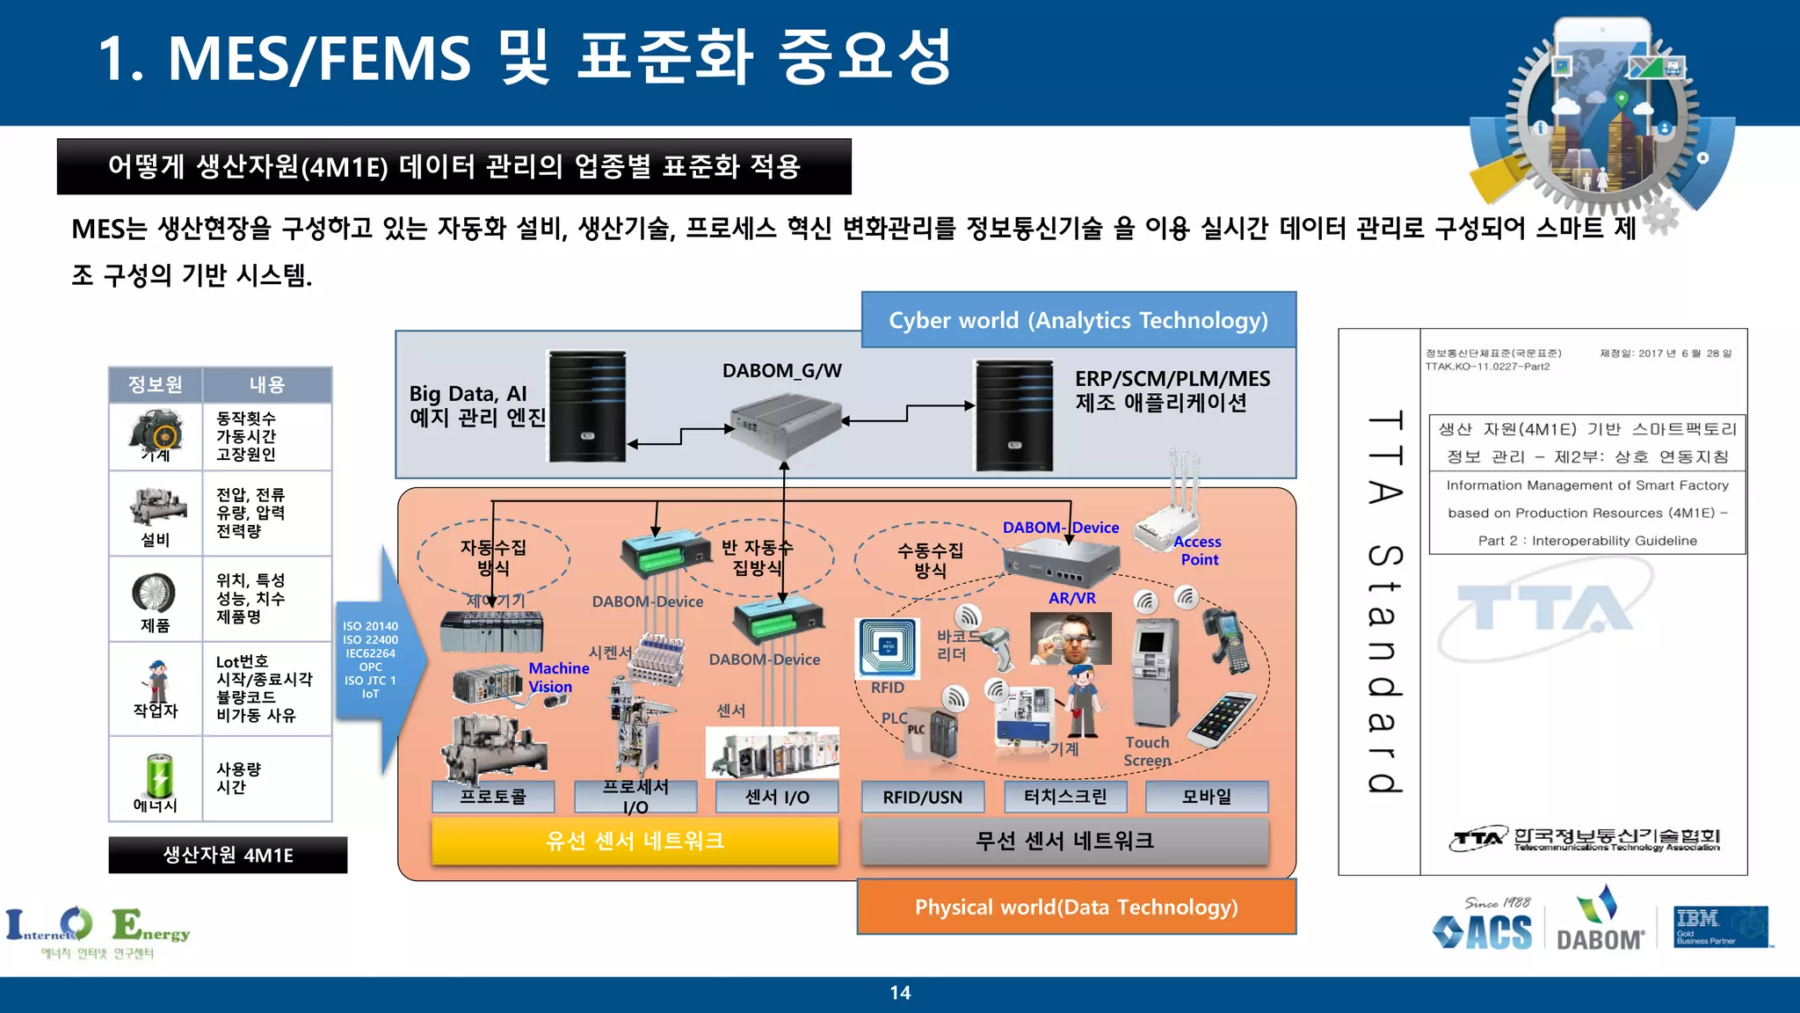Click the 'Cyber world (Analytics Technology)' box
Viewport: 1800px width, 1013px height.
(x=1078, y=320)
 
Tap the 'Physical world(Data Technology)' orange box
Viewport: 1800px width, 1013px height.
(x=1076, y=907)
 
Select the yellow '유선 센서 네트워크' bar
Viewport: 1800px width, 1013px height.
(x=635, y=841)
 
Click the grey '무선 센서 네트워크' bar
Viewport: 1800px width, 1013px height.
(x=1064, y=841)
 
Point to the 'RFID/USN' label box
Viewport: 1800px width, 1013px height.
(x=922, y=797)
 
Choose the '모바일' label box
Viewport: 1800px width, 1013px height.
(x=1207, y=797)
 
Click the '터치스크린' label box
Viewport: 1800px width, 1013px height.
(x=1064, y=797)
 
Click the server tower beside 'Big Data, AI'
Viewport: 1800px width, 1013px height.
(x=587, y=406)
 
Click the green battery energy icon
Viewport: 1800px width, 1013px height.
(x=159, y=775)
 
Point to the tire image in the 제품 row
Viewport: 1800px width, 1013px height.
(x=154, y=593)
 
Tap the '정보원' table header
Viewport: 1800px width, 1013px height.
(x=156, y=384)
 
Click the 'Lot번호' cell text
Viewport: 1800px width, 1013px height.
(x=242, y=661)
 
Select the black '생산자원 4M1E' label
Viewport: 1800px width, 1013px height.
(x=228, y=855)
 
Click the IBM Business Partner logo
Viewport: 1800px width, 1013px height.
(x=1720, y=927)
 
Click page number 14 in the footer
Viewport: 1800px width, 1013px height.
(x=900, y=993)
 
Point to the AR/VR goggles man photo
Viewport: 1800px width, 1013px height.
(x=1071, y=639)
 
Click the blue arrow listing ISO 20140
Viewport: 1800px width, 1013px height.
(x=374, y=660)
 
